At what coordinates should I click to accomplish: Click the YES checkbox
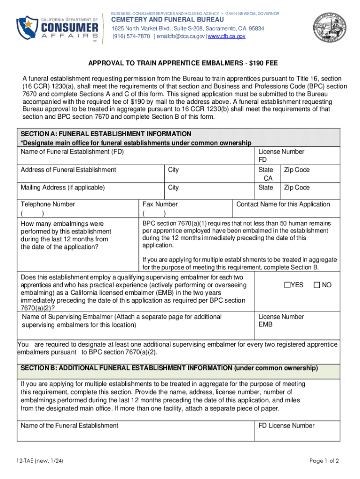tap(287, 285)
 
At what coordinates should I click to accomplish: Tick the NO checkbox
tap(317, 285)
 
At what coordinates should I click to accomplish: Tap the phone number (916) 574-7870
tap(130, 36)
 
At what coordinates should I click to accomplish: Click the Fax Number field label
tap(160, 204)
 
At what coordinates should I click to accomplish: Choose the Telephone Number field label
tap(48, 204)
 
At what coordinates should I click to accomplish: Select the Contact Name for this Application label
tap(283, 204)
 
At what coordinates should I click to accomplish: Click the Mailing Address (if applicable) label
tap(63, 188)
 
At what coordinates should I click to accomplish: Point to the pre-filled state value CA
tap(268, 179)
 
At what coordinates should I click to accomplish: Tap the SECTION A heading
tap(106, 134)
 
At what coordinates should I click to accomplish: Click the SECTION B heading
tap(169, 368)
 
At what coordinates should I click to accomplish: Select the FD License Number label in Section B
tap(286, 426)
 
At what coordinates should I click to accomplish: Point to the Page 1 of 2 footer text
tap(324, 461)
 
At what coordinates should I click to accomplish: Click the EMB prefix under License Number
tap(266, 324)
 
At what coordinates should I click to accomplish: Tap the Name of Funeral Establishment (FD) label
tap(72, 152)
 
